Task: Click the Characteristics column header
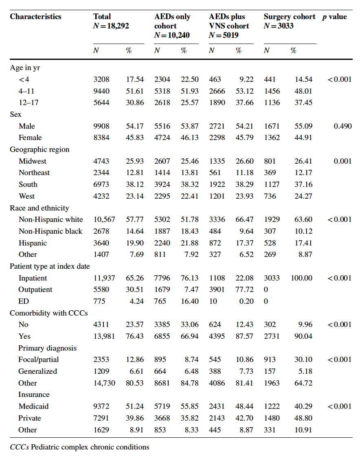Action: [x=35, y=17]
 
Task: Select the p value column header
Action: [x=334, y=17]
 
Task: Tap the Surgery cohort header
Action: [x=289, y=17]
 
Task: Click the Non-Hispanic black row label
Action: [x=50, y=231]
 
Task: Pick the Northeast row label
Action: [x=34, y=173]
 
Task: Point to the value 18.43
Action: [x=190, y=231]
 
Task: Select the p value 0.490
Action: [x=342, y=126]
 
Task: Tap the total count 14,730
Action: [x=104, y=383]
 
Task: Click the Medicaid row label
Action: [x=33, y=406]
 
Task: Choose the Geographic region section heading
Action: [x=40, y=149]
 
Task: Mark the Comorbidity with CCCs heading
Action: [x=49, y=313]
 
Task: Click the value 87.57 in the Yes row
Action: [x=244, y=336]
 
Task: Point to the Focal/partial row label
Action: [x=39, y=360]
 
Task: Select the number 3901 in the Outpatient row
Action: [x=217, y=290]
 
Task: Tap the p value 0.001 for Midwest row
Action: [x=342, y=161]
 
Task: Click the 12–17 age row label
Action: [x=29, y=103]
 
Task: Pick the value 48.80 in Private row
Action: [x=303, y=418]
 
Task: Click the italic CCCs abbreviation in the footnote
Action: [x=19, y=447]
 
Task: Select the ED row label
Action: [x=23, y=301]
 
